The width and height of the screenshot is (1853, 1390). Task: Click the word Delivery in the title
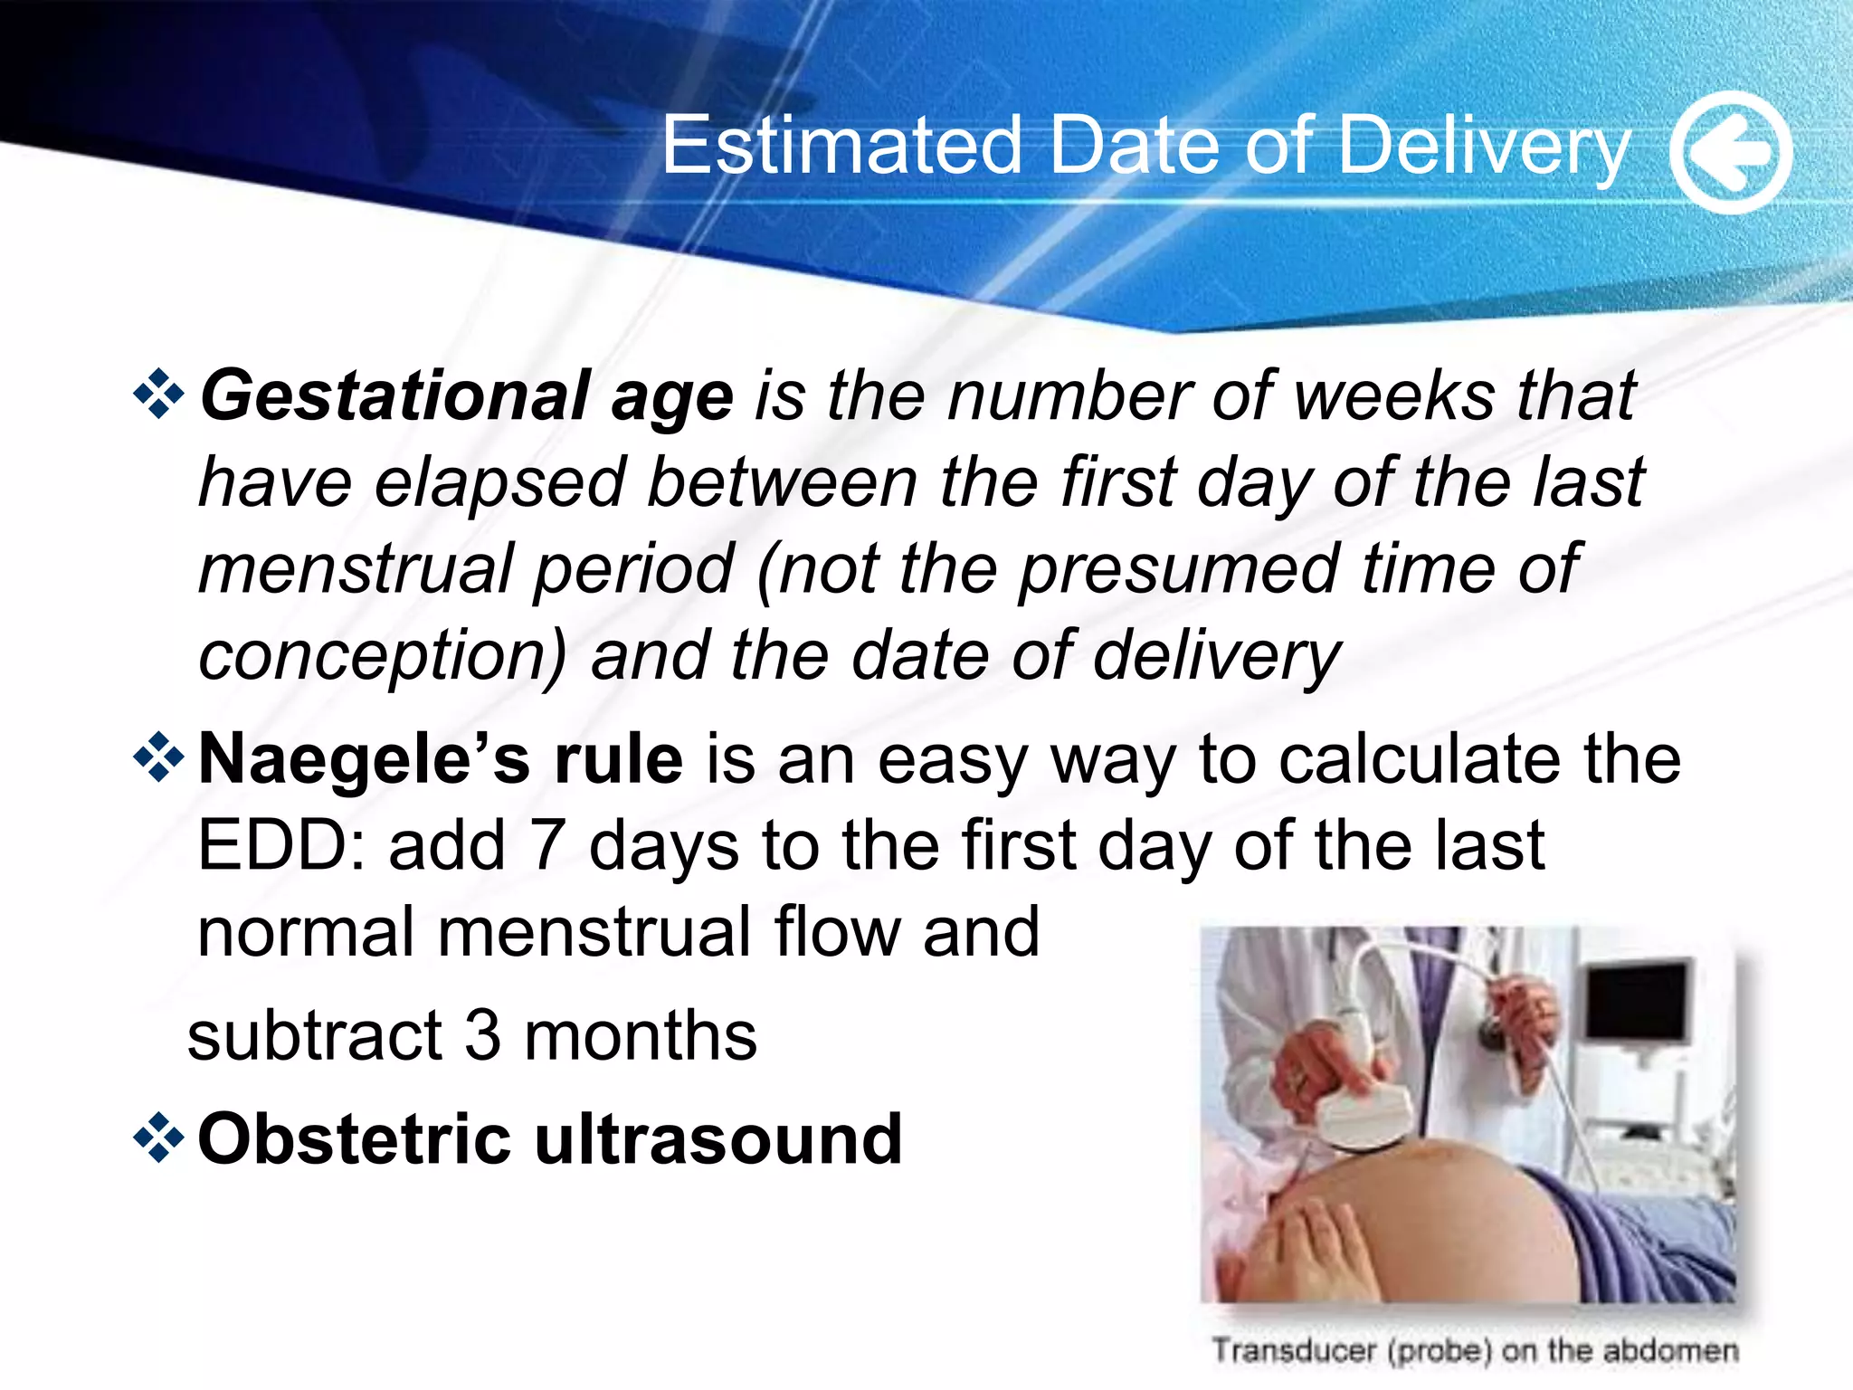click(x=1484, y=147)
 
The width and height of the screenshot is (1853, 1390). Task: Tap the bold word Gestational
click(x=394, y=396)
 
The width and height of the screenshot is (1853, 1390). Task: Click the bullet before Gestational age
click(x=159, y=395)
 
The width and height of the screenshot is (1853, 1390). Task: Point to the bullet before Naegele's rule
click(x=159, y=757)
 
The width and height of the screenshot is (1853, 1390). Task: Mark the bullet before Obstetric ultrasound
click(x=159, y=1137)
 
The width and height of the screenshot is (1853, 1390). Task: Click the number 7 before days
click(x=547, y=845)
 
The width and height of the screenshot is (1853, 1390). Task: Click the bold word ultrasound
click(x=718, y=1138)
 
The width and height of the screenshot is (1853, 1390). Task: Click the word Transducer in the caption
click(x=1294, y=1350)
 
